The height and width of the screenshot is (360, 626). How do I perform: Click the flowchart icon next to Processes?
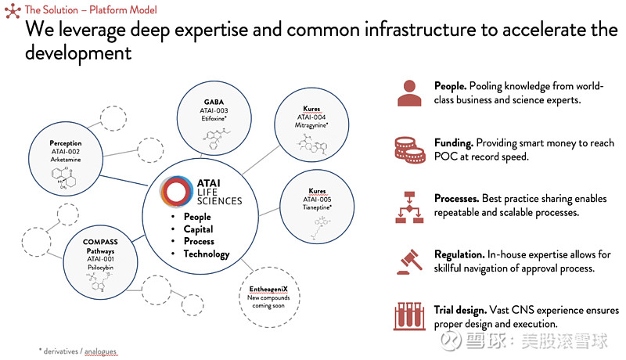(x=408, y=205)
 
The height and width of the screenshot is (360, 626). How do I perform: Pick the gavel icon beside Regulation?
(x=408, y=261)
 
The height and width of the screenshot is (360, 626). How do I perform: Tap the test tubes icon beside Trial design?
(x=408, y=316)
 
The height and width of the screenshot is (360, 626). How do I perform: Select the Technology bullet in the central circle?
(x=206, y=254)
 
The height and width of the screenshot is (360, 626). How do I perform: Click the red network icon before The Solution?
(x=12, y=10)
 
